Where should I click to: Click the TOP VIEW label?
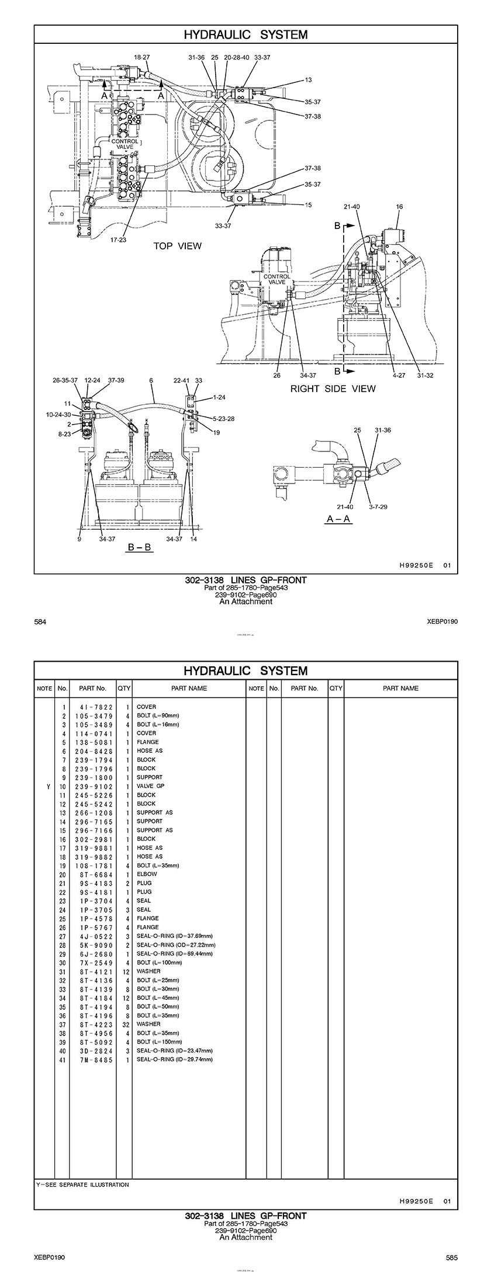coord(177,246)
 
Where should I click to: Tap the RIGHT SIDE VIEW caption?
coord(333,389)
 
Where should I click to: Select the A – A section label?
coord(338,519)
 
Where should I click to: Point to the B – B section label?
coord(140,548)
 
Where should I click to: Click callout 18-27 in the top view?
coord(142,57)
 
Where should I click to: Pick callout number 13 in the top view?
coord(308,80)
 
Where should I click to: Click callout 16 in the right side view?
coord(399,207)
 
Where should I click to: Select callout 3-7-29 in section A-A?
coord(378,507)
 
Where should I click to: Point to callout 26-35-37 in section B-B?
coord(65,380)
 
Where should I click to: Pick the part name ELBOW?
coord(147,874)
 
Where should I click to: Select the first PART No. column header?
coord(92,688)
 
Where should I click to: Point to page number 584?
coord(40,622)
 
